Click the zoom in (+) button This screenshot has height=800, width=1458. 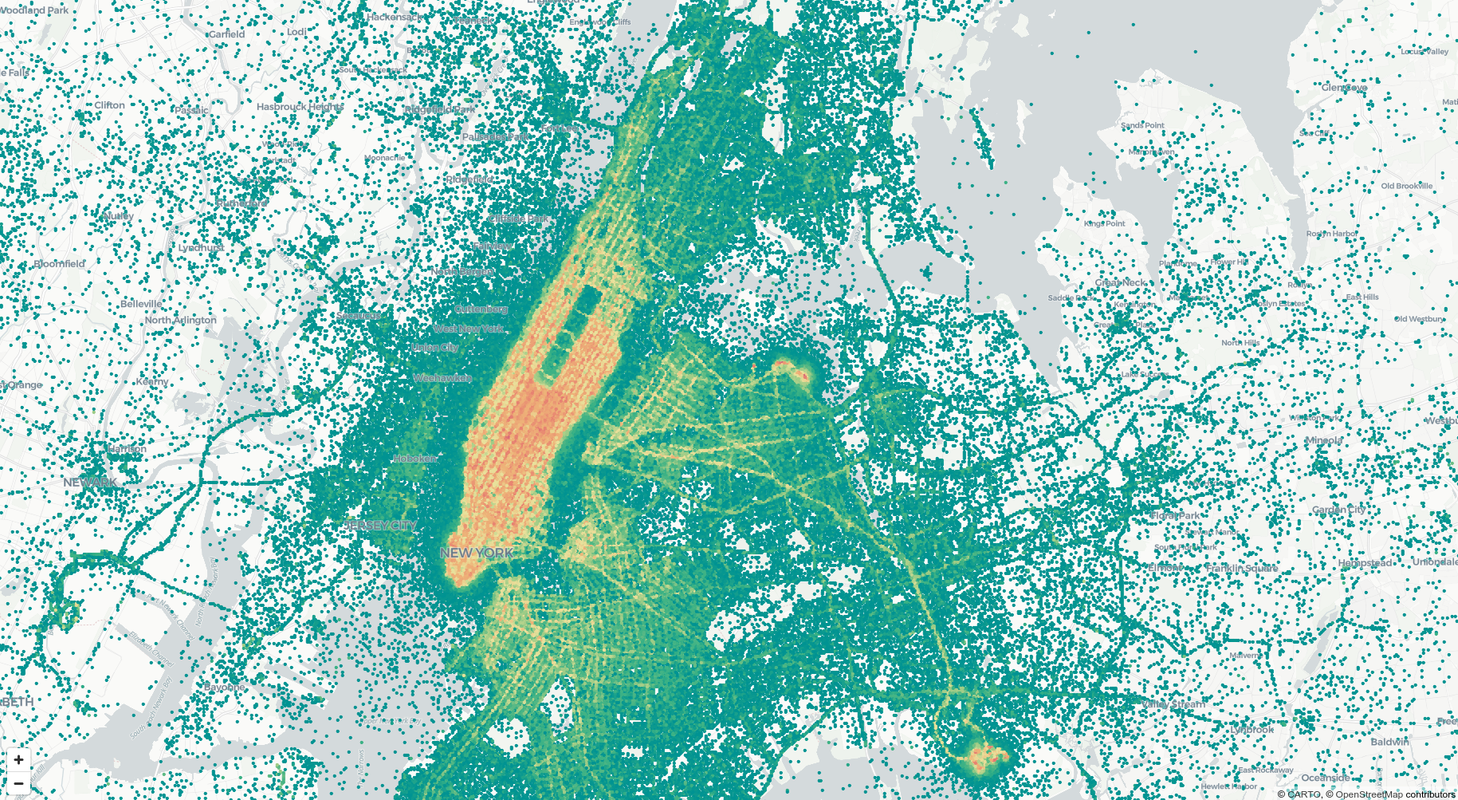pos(18,760)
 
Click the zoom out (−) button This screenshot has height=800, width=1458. pos(18,783)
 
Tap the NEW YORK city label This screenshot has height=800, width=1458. pos(477,553)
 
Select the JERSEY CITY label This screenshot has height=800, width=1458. pos(381,526)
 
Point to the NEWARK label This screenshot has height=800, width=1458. pos(90,483)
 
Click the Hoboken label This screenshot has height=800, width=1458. pos(415,459)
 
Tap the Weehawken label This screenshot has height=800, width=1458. pos(442,378)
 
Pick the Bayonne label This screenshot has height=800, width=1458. pos(225,687)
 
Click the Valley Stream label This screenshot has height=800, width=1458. pos(1173,704)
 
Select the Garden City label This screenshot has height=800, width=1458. pos(1339,510)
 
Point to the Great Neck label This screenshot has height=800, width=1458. pos(1121,282)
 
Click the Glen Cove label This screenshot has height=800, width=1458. pos(1344,88)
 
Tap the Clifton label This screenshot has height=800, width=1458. pos(109,105)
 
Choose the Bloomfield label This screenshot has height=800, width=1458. pos(59,264)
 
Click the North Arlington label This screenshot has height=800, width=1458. pos(180,320)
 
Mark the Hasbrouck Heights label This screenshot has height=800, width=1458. pos(301,107)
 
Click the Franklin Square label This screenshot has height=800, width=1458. pos(1242,568)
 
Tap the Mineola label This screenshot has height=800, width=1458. pos(1324,440)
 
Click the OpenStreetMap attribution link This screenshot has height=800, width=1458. pos(1369,794)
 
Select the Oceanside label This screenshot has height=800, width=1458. pos(1326,778)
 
